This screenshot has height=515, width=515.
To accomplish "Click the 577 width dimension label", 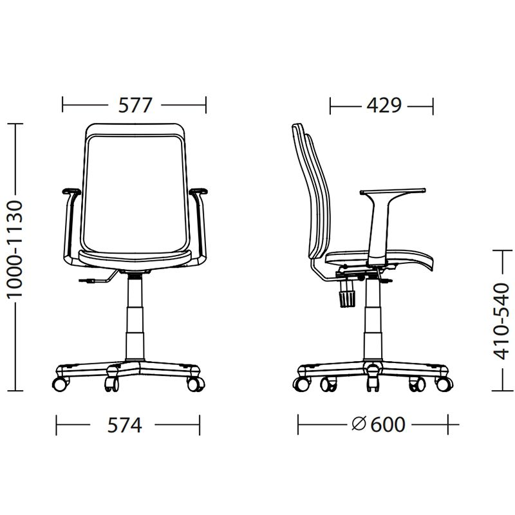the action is tap(135, 105).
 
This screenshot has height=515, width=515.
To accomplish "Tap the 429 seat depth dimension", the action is tap(384, 106).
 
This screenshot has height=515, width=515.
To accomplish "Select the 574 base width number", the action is tap(124, 425).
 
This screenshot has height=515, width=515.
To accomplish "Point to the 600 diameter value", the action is tap(388, 424).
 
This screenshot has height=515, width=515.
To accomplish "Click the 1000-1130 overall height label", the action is tap(15, 250).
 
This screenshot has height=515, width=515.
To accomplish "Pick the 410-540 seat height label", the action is tap(501, 321).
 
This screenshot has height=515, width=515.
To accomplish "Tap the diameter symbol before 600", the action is tap(359, 424).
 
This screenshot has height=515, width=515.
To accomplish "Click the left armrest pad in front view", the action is tap(71, 191).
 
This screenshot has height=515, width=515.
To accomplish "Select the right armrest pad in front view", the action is tap(198, 191).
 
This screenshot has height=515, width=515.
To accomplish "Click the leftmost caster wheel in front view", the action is tap(61, 384).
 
